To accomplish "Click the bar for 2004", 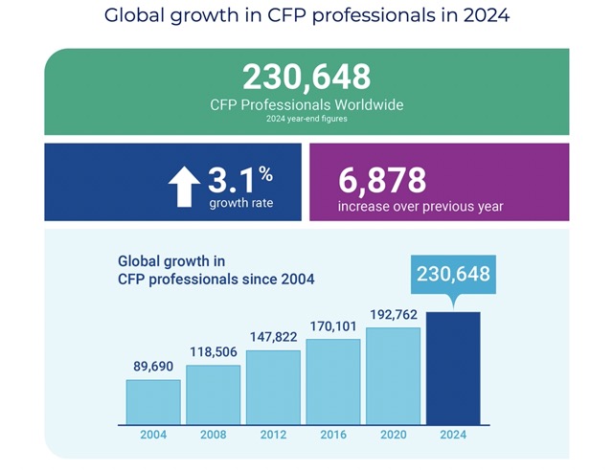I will tap(153, 401).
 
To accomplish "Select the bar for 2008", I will tap(213, 394).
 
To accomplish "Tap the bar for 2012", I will tap(273, 387).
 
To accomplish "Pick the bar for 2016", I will tap(333, 381).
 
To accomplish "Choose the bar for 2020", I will tap(393, 375).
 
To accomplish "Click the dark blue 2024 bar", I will tap(453, 368).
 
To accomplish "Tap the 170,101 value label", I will tap(333, 327).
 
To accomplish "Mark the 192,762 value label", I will tap(393, 316).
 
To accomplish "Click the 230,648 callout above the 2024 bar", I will tap(453, 275).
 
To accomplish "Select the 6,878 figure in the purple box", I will tap(382, 179).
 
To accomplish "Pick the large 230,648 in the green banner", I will tap(306, 78).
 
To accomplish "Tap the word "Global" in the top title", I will tap(136, 16).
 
